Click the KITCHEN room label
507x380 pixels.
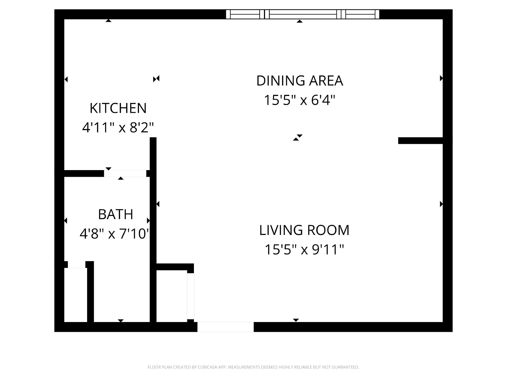pyautogui.click(x=118, y=108)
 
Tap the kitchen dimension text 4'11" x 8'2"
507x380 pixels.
pyautogui.click(x=118, y=127)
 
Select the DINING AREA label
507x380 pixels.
pyautogui.click(x=299, y=80)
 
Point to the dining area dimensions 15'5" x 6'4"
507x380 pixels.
pyautogui.click(x=299, y=100)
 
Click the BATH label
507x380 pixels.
pyautogui.click(x=115, y=214)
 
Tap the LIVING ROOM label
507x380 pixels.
pyautogui.click(x=304, y=230)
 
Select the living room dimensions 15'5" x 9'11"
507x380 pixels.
pyautogui.click(x=304, y=250)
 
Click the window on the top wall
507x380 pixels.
pyautogui.click(x=303, y=14)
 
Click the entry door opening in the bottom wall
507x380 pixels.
pyautogui.click(x=225, y=327)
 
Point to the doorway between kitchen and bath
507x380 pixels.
pyautogui.click(x=125, y=174)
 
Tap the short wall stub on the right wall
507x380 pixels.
pyautogui.click(x=420, y=141)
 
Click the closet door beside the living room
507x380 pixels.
pyautogui.click(x=190, y=296)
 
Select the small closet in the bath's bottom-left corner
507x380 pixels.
pyautogui.click(x=75, y=295)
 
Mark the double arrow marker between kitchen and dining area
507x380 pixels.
pyautogui.click(x=156, y=79)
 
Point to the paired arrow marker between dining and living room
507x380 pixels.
pyautogui.click(x=298, y=137)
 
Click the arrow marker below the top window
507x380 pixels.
pyautogui.click(x=299, y=21)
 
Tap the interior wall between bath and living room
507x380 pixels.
pyautogui.click(x=153, y=230)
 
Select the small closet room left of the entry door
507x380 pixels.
pyautogui.click(x=172, y=296)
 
